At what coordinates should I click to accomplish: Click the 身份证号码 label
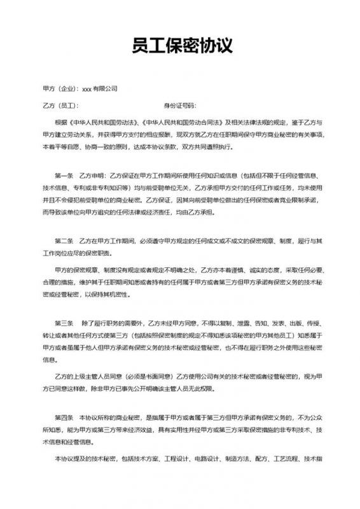pyautogui.click(x=180, y=104)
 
